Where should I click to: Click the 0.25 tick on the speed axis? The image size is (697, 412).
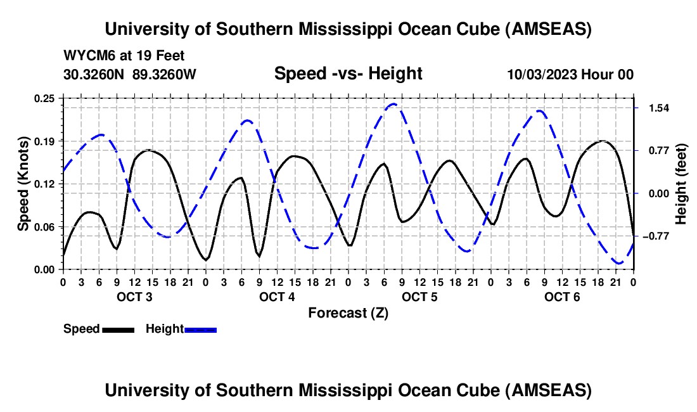point(45,98)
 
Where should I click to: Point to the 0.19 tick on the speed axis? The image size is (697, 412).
point(45,141)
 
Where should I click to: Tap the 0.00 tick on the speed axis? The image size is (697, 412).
point(45,269)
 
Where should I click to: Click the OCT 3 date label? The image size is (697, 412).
point(134,297)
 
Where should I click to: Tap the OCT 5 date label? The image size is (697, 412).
point(419,297)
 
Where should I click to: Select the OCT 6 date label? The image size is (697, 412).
point(562,297)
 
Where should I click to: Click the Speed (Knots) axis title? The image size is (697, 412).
point(23,183)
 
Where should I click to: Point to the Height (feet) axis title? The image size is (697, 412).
point(681,183)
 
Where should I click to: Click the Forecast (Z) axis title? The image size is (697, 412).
point(348,312)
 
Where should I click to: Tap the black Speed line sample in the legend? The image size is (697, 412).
point(118,330)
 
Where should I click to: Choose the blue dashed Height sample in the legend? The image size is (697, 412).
point(200,330)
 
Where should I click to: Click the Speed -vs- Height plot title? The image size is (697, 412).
point(348,74)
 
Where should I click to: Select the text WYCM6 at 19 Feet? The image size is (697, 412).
point(124,56)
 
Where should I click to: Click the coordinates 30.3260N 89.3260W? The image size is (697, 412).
point(130,74)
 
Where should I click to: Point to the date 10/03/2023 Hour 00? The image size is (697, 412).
point(570,74)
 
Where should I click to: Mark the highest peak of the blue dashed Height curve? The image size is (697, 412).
point(394,104)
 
